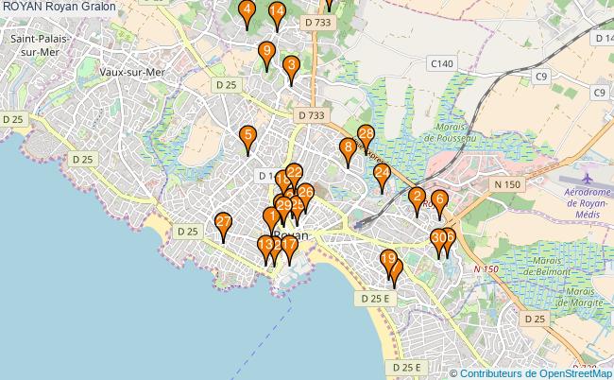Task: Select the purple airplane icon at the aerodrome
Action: (x=588, y=177)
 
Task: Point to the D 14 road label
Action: (x=604, y=39)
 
